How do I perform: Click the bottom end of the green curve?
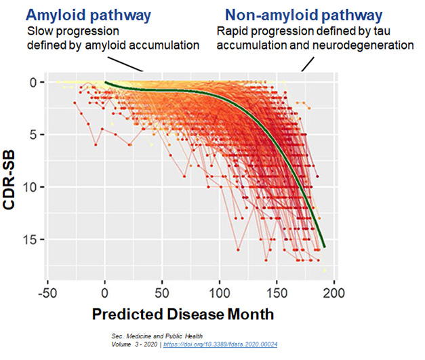(x=324, y=246)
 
